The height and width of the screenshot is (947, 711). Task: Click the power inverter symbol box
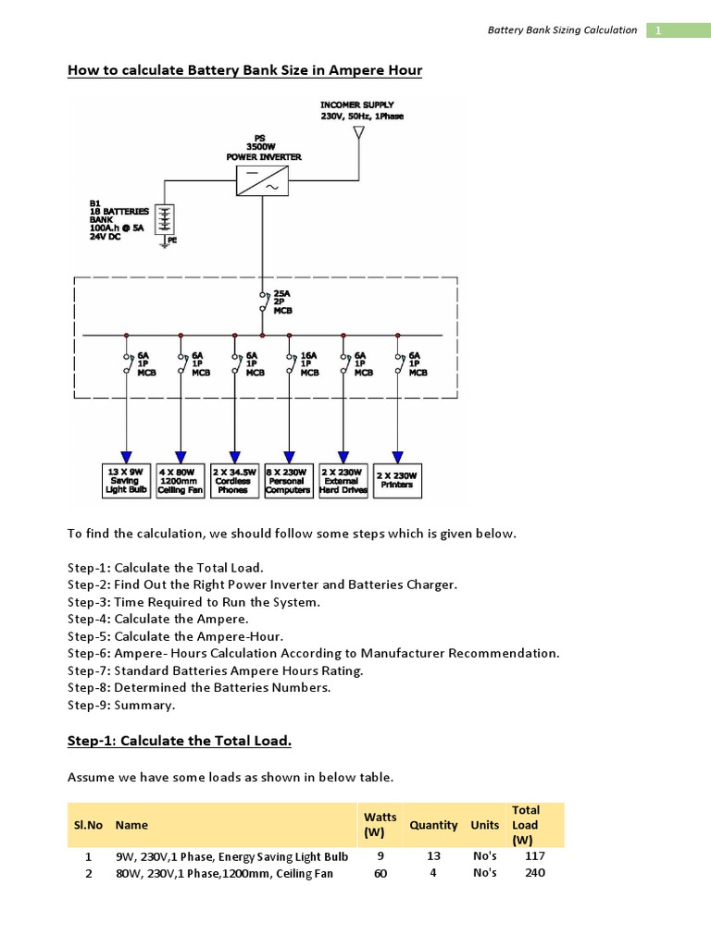pyautogui.click(x=263, y=180)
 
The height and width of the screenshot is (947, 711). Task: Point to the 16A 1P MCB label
pyautogui.click(x=308, y=363)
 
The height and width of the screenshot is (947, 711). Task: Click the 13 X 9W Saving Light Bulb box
pyautogui.click(x=124, y=481)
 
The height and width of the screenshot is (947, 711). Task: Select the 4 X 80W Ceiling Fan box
pyautogui.click(x=179, y=481)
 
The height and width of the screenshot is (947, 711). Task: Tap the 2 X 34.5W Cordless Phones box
pyautogui.click(x=233, y=481)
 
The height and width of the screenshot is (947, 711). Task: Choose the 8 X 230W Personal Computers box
pyautogui.click(x=288, y=481)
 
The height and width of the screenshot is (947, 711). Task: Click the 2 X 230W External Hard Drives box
pyautogui.click(x=343, y=481)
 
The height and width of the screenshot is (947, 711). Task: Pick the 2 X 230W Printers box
pyautogui.click(x=397, y=481)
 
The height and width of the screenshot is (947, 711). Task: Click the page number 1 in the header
pyautogui.click(x=658, y=30)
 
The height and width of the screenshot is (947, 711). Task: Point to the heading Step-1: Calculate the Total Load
pyautogui.click(x=180, y=741)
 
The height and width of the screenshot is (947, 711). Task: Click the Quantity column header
pyautogui.click(x=433, y=824)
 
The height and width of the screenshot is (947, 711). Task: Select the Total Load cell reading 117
pyautogui.click(x=535, y=856)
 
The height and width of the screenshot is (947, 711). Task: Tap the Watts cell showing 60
pyautogui.click(x=380, y=873)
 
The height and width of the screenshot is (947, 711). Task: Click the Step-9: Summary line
pyautogui.click(x=121, y=705)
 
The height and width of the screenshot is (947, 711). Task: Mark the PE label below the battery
pyautogui.click(x=171, y=240)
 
